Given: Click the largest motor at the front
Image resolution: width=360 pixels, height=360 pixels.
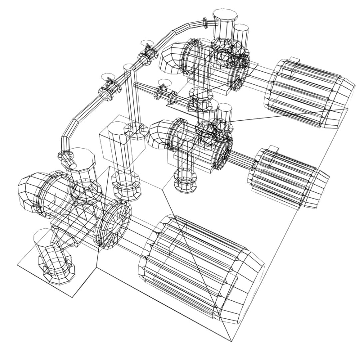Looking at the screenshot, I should [x=200, y=267].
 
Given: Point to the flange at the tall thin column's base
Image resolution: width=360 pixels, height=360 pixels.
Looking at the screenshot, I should [x=136, y=130].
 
